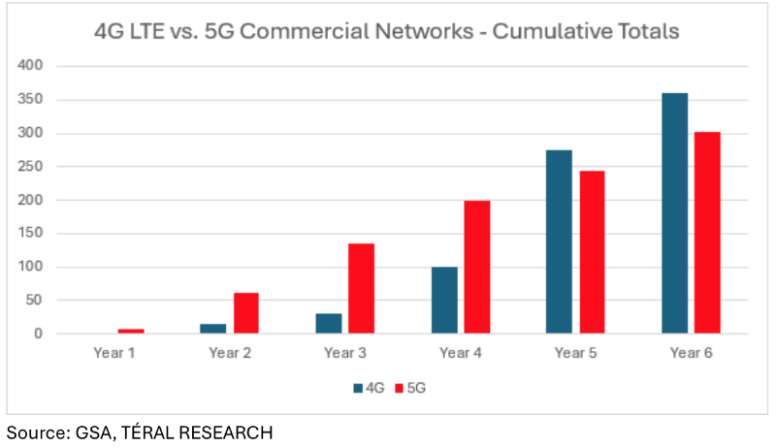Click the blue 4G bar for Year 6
click(x=675, y=213)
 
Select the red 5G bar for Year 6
click(x=707, y=233)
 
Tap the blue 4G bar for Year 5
click(x=559, y=241)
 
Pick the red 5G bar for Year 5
click(x=592, y=252)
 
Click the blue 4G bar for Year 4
click(x=444, y=300)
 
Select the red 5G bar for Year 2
click(x=245, y=313)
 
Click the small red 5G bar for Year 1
click(x=130, y=332)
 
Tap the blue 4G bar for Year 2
click(x=213, y=329)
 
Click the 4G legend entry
click(x=370, y=388)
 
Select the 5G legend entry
click(x=412, y=388)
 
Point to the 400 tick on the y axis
click(x=31, y=66)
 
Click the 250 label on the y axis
click(x=31, y=167)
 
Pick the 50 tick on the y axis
click(x=34, y=301)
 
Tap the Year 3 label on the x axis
click(x=344, y=353)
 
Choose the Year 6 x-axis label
click(x=691, y=353)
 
